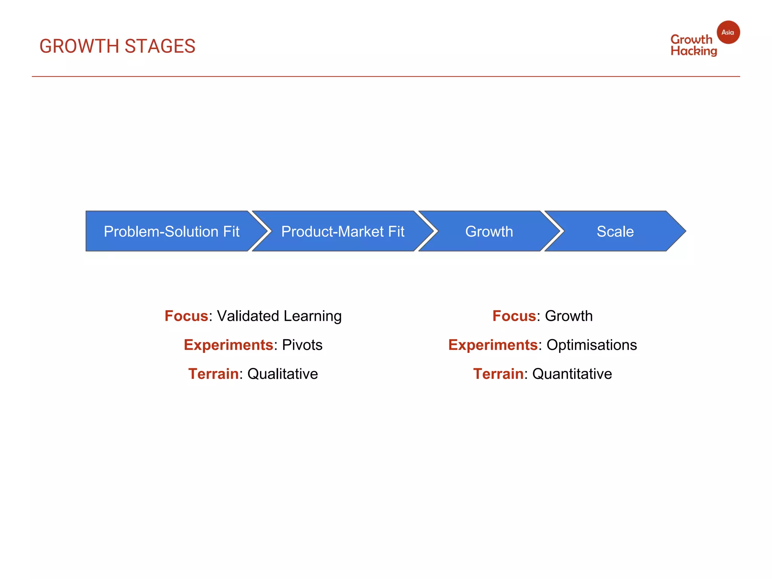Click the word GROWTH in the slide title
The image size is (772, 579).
point(79,46)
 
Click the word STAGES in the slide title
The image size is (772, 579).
point(160,46)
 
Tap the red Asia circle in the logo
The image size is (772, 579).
point(728,32)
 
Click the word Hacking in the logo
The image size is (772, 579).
point(694,51)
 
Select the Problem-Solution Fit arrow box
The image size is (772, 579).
point(172,231)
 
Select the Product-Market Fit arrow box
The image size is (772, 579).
point(343,231)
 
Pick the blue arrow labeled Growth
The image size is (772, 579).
point(489,231)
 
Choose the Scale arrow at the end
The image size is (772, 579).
point(615,231)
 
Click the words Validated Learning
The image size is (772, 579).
point(279,316)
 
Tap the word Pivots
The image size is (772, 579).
point(302,345)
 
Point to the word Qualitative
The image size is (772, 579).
point(282,374)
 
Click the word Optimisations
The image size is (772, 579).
point(591,345)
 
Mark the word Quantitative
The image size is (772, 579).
point(572,374)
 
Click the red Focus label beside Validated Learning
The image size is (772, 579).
point(186,316)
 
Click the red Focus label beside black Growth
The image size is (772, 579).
point(514,316)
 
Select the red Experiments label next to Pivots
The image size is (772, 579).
point(228,345)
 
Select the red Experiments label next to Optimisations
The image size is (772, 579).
point(493,345)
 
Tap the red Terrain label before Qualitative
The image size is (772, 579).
point(213,374)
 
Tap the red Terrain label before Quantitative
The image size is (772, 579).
point(498,374)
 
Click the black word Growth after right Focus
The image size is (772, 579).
point(569,316)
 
